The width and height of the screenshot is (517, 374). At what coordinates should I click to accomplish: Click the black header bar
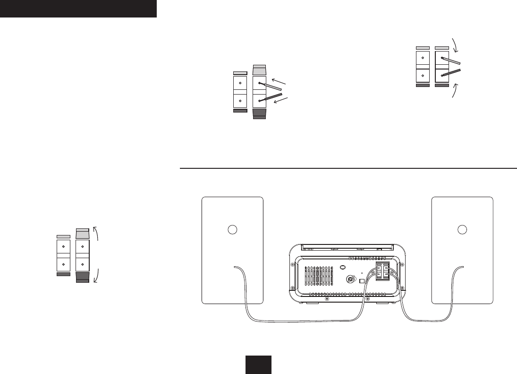78,9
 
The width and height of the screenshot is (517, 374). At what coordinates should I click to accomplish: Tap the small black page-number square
258,364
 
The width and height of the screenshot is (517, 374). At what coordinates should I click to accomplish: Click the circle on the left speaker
232,229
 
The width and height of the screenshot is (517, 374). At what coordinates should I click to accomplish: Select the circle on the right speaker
462,229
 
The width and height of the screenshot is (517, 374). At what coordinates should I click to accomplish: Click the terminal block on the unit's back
382,273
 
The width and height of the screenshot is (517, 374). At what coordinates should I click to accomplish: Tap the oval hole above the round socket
343,267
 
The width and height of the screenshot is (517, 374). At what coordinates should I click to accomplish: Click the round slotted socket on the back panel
350,279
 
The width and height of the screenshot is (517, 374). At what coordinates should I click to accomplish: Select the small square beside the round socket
362,280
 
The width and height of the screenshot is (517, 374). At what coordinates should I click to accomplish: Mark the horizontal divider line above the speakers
348,168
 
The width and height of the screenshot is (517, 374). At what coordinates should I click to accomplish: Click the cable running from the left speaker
302,321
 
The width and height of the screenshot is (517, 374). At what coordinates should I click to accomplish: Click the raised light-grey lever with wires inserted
260,70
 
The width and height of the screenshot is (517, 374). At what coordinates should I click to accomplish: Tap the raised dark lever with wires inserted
260,113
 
